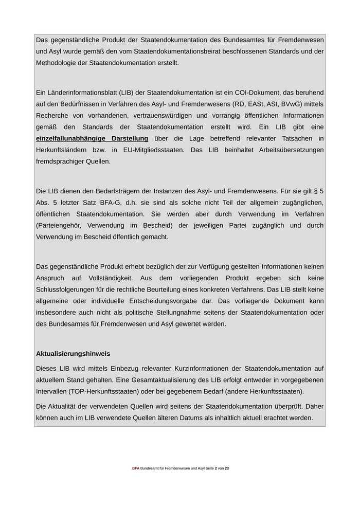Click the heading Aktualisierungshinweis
tap(73, 354)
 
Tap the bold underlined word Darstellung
tap(130, 138)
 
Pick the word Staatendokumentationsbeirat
tap(177, 51)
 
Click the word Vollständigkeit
tap(108, 278)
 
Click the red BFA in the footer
tap(135, 468)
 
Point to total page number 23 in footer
tap(227, 468)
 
